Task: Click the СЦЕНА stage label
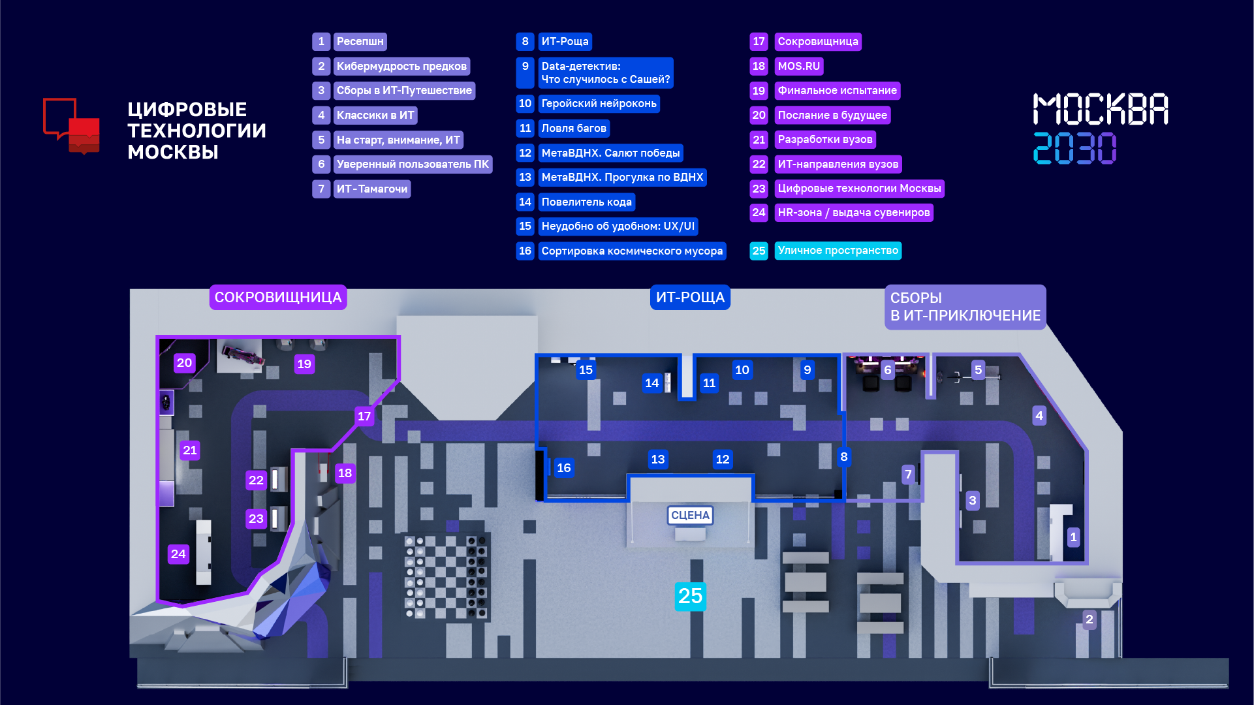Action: point(690,515)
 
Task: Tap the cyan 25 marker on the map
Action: point(690,596)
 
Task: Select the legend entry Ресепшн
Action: point(360,42)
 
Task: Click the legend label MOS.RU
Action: point(799,66)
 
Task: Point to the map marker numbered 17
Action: point(364,416)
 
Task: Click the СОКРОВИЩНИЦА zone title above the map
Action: point(278,297)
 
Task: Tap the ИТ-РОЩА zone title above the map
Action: point(690,297)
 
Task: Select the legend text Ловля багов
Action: point(574,128)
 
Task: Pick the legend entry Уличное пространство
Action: point(838,251)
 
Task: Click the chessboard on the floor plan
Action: point(446,577)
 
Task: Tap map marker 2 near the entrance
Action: point(1089,619)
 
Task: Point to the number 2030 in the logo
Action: point(1074,148)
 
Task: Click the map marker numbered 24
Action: point(178,554)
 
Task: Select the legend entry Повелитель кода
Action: point(586,202)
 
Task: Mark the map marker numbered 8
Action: point(844,457)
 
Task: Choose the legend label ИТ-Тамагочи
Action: point(372,189)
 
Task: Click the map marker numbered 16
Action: point(563,467)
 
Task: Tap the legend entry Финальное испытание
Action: point(838,91)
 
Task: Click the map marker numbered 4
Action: point(1039,415)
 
